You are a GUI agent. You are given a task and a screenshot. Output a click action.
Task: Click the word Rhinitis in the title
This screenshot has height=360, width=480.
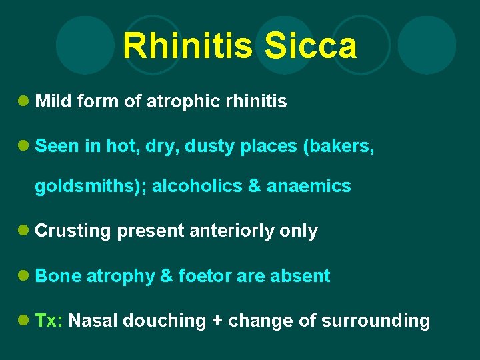tap(187, 47)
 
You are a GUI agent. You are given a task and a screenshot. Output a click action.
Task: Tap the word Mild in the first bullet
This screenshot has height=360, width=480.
tap(53, 101)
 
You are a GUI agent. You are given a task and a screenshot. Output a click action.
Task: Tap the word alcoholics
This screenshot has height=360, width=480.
tap(197, 186)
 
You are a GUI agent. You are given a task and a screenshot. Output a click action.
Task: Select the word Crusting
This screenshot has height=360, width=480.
tap(73, 231)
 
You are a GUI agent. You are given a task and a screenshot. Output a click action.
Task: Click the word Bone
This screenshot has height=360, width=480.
tap(58, 276)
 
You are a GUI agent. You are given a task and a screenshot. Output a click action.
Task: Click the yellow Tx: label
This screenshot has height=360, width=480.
tap(49, 321)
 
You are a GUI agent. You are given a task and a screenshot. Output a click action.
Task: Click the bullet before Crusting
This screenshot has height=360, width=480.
tap(23, 231)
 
